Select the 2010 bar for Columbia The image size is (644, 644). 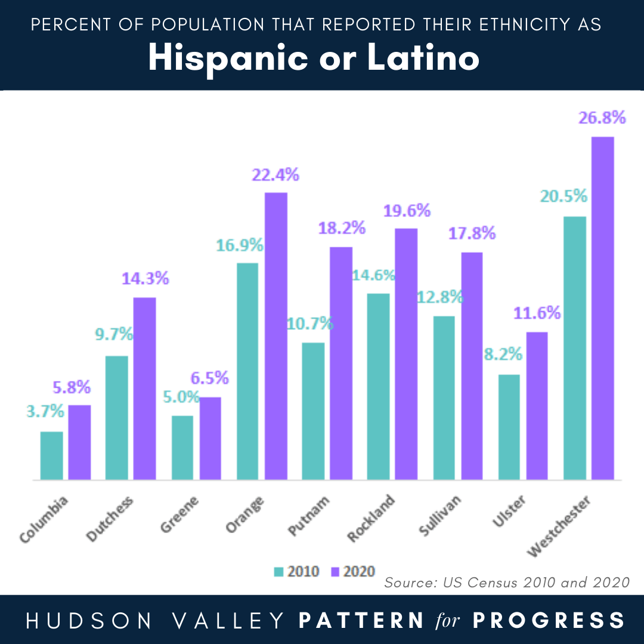[x=51, y=456]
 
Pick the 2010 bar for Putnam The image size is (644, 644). [x=313, y=411]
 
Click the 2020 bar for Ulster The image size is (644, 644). [x=537, y=405]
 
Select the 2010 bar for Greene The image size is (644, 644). [x=182, y=447]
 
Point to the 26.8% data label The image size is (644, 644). [x=602, y=118]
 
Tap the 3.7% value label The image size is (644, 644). [x=45, y=411]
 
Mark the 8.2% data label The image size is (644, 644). [x=503, y=354]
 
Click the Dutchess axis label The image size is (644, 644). [x=110, y=518]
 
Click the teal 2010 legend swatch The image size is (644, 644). [x=278, y=572]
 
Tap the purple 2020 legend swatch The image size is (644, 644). [x=335, y=572]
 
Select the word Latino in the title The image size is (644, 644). [x=423, y=58]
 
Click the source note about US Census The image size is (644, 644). [x=507, y=582]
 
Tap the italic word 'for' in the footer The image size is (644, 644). [x=448, y=620]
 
